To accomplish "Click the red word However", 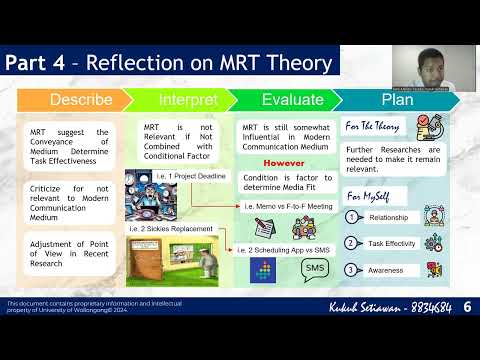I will pos(283,162).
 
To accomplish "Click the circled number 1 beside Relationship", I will pos(351,216).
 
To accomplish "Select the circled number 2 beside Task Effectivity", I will pos(351,242).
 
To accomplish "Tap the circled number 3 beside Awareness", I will pos(351,268).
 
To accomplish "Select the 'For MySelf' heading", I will pos(366,194).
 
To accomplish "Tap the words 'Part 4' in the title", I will pos(36,63).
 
